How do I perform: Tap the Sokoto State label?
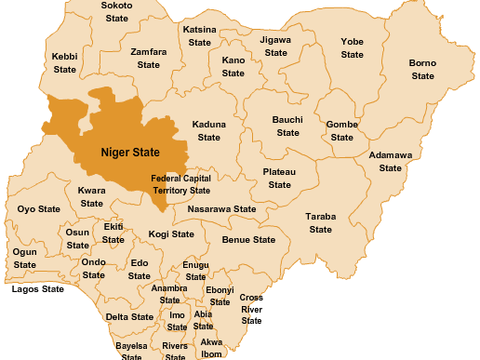116,11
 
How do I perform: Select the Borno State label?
422,69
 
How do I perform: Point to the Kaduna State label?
208,130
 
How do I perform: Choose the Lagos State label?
38,289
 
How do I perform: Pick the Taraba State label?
320,222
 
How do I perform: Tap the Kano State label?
233,66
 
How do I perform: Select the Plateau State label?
280,179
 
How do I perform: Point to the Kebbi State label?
65,63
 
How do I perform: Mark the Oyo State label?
39,209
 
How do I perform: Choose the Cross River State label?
251,309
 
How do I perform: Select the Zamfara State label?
149,59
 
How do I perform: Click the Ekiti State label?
113,233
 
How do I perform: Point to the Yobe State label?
352,48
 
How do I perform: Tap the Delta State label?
129,317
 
